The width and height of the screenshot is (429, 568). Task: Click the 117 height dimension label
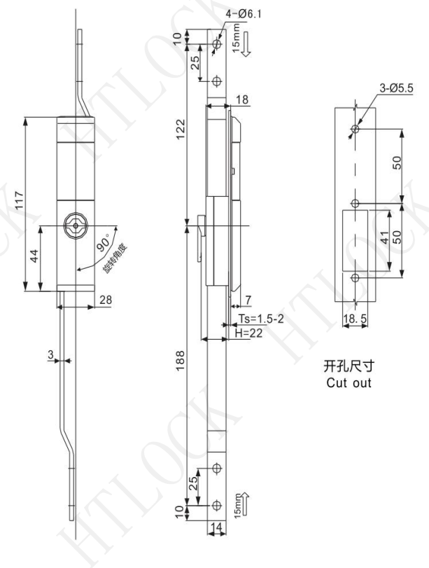(19, 200)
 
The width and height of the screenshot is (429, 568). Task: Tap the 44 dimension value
(34, 256)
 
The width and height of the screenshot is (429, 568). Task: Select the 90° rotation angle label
(104, 243)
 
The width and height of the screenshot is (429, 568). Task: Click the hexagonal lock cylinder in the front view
(76, 226)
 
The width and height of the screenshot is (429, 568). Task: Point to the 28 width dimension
(106, 300)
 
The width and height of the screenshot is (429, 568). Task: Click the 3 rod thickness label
(50, 354)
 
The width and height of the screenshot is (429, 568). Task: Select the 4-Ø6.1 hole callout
(244, 14)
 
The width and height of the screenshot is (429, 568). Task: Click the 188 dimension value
(180, 360)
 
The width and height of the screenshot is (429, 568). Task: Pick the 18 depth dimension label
(242, 99)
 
